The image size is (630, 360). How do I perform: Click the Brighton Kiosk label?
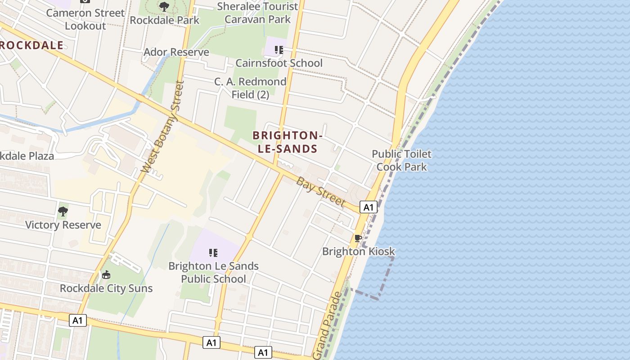coord(359,252)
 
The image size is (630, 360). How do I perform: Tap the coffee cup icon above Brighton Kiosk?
coord(358,238)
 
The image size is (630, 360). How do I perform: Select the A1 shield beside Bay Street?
coord(369,207)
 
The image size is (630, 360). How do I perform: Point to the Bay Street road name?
coord(321,191)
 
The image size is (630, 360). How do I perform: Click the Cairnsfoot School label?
coord(279,63)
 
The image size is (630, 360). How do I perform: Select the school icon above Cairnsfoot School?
coord(279,49)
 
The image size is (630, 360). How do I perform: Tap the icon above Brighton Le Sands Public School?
coord(213,253)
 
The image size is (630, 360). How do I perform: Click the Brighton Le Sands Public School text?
coord(213,272)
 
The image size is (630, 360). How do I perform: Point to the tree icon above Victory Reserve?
coord(63,211)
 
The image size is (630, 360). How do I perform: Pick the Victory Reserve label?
coord(63,225)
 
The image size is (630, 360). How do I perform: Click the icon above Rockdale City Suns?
coord(106,274)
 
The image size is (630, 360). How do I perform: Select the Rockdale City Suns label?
coord(106,288)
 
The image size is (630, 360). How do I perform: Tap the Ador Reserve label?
coord(176,52)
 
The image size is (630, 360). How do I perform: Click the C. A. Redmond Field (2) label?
coord(250,88)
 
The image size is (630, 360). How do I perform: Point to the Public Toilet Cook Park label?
coord(401,160)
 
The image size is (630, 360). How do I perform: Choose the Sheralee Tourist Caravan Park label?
coord(257,13)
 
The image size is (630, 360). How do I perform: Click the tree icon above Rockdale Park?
coord(164,6)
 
